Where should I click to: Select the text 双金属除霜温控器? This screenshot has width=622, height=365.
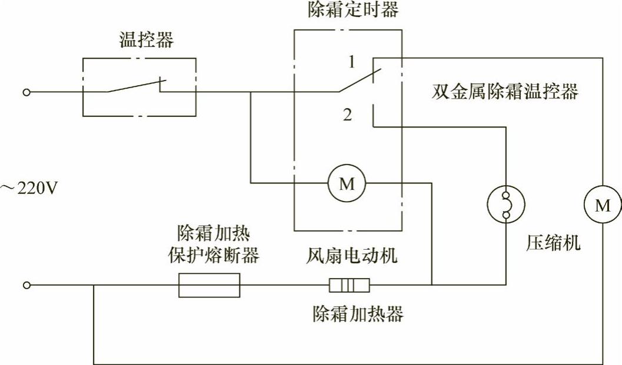504,92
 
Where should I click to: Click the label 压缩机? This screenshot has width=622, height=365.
553,243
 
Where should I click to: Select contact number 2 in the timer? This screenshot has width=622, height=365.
348,116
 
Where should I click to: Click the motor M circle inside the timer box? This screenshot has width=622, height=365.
348,183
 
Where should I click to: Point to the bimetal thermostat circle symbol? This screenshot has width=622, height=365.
505,205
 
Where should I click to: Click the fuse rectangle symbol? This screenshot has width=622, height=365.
209,285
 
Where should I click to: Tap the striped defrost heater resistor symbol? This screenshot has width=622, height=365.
349,286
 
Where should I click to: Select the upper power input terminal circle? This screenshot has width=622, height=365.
26,92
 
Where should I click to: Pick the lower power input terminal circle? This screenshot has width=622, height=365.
26,285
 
